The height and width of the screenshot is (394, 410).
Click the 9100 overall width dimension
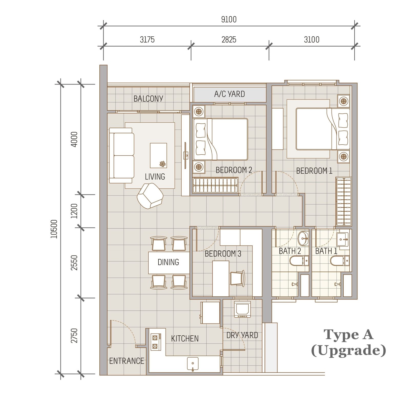pyautogui.click(x=229, y=19)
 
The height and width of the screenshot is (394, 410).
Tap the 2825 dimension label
pyautogui.click(x=229, y=40)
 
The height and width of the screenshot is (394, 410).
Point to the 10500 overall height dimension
pyautogui.click(x=54, y=229)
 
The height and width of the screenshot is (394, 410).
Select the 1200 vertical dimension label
pyautogui.click(x=74, y=211)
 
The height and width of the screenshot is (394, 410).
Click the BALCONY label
pyautogui.click(x=148, y=99)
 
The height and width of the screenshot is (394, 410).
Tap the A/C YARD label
pyautogui.click(x=229, y=94)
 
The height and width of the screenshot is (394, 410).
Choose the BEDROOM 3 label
pyautogui.click(x=223, y=254)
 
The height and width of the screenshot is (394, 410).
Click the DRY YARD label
pyautogui.click(x=242, y=335)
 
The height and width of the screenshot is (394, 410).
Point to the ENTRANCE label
pyautogui.click(x=127, y=361)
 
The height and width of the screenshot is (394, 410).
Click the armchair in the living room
pyautogui.click(x=150, y=196)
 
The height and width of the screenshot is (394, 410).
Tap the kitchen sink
pyautogui.click(x=192, y=364)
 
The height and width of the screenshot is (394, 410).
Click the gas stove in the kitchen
pyautogui.click(x=156, y=342)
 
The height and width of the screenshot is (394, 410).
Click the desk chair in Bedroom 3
pyautogui.click(x=238, y=278)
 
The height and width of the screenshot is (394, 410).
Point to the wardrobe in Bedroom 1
pyautogui.click(x=343, y=201)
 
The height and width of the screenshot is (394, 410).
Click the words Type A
pyautogui.click(x=348, y=335)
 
